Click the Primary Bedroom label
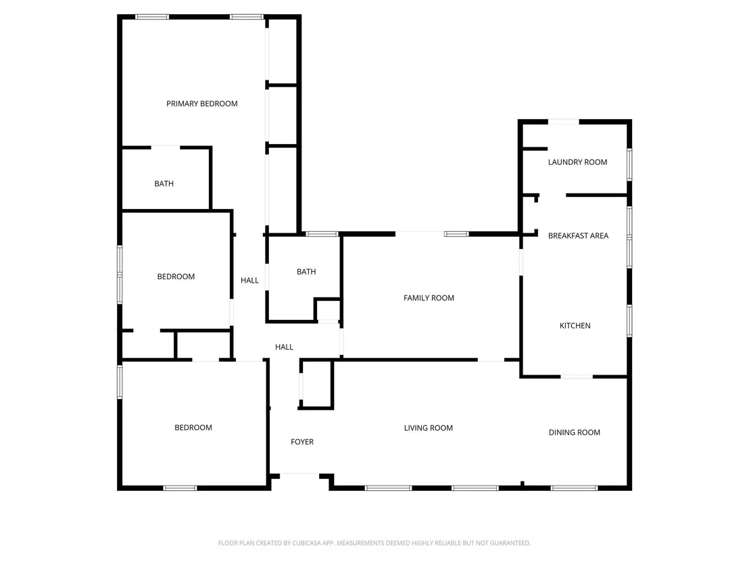click(x=201, y=103)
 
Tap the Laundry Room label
click(x=577, y=162)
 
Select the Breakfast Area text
click(x=578, y=235)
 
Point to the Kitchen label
click(x=575, y=325)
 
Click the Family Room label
click(x=429, y=298)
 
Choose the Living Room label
click(x=428, y=427)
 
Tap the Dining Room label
click(x=574, y=432)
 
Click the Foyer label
click(x=302, y=442)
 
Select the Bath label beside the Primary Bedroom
click(x=164, y=183)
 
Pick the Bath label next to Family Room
click(x=306, y=271)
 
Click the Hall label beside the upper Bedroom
click(x=249, y=280)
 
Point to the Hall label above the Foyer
click(x=284, y=347)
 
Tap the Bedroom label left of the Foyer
click(x=193, y=427)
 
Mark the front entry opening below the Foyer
click(x=299, y=475)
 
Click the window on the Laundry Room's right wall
click(x=629, y=164)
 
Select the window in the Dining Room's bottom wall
click(x=574, y=488)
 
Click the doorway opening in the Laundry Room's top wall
click(x=563, y=122)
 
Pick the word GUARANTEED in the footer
click(x=510, y=543)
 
